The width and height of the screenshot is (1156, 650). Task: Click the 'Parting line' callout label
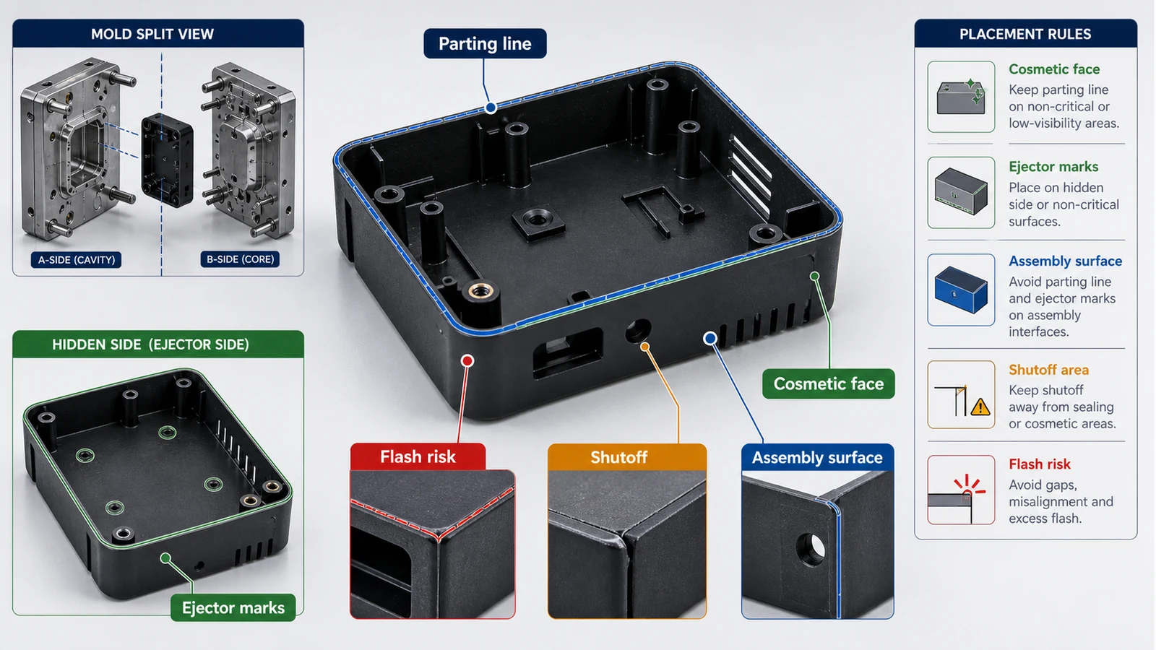(x=485, y=43)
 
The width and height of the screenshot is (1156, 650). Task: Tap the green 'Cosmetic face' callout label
(x=828, y=383)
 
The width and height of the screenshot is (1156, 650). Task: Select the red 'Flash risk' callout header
(x=418, y=456)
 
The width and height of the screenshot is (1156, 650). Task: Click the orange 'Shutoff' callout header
(x=627, y=457)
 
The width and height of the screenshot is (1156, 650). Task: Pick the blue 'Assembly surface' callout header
(x=817, y=457)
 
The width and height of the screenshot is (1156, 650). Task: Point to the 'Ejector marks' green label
(x=233, y=607)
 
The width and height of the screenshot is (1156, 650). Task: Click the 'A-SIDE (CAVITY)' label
(x=77, y=259)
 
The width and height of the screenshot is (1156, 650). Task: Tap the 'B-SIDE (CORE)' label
(x=240, y=259)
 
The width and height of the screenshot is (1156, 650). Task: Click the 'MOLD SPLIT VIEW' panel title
(x=152, y=34)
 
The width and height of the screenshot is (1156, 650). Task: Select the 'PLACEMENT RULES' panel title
(x=1025, y=34)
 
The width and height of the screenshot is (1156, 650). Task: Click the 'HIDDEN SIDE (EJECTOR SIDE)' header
(x=151, y=344)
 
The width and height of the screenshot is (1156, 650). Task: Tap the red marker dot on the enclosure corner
(x=467, y=360)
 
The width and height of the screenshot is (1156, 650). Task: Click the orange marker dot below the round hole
(x=645, y=347)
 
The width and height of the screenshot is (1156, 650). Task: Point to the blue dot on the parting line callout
(x=491, y=108)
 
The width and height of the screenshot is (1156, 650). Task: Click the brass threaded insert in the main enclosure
(x=481, y=290)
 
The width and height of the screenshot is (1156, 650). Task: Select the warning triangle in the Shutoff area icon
(x=980, y=407)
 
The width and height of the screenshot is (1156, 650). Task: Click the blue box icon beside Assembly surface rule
(x=961, y=290)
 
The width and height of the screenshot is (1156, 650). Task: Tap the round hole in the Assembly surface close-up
(x=810, y=549)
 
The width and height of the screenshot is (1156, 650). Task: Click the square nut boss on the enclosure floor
(x=538, y=222)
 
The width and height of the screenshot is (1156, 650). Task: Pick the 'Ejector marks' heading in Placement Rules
(x=1053, y=167)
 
